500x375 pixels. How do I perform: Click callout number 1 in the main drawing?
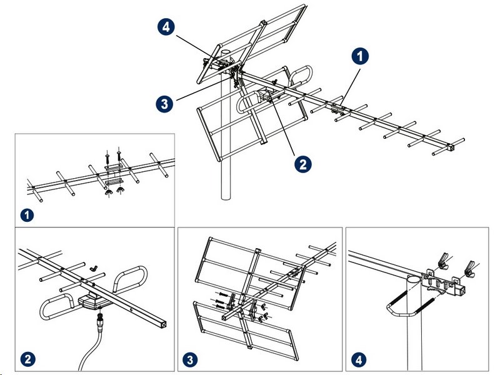tap(360, 57)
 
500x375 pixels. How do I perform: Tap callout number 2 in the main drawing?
tap(302, 164)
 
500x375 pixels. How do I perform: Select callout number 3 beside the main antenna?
tap(164, 104)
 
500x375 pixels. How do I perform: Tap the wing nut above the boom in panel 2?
tap(95, 268)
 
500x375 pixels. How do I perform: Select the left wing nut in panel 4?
tap(442, 258)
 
